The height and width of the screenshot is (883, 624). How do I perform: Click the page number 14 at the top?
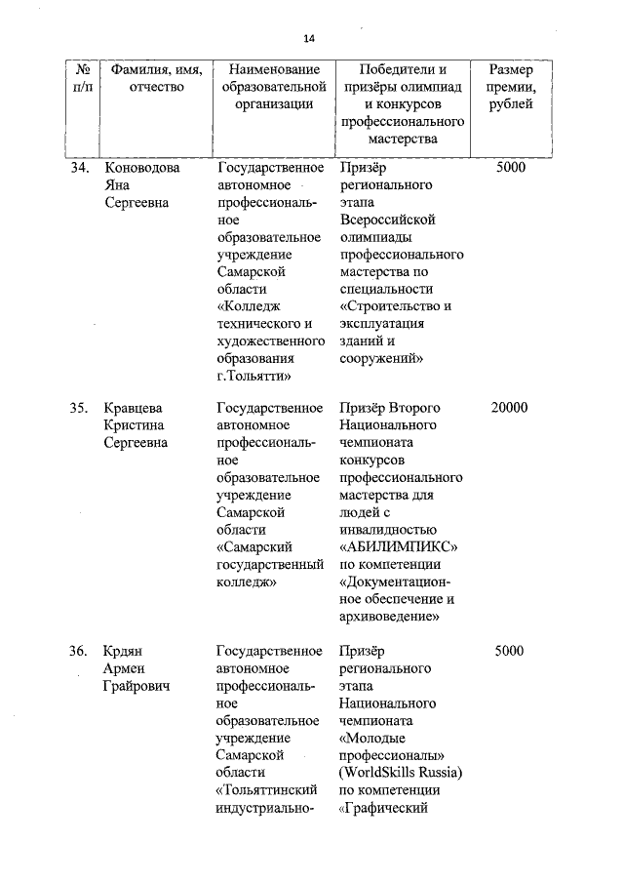click(309, 38)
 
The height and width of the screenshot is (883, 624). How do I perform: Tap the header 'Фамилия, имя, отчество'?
click(156, 79)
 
